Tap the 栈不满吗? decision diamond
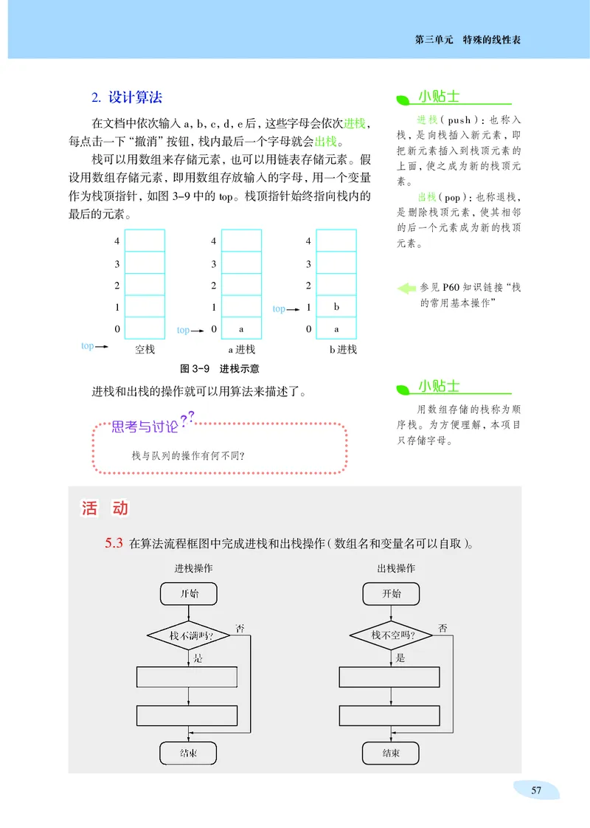coord(190,635)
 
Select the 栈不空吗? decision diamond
coord(392,635)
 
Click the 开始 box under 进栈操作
coord(190,593)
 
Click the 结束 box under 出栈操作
coord(392,753)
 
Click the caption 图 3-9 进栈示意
coord(219,368)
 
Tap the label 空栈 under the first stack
coord(145,349)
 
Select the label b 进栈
coord(342,349)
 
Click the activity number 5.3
coord(114,545)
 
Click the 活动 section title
coord(105,508)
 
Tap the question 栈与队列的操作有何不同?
coord(188,455)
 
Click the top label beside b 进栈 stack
coord(280,308)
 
